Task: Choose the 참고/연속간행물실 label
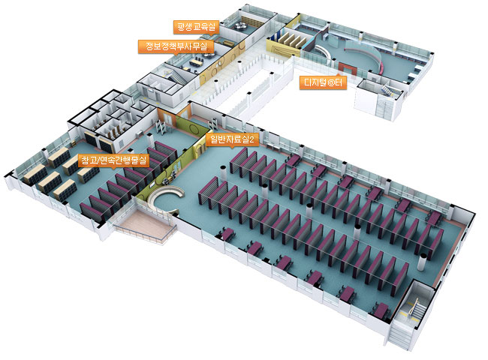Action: click(115, 160)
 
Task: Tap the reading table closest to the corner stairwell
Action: click(382, 308)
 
